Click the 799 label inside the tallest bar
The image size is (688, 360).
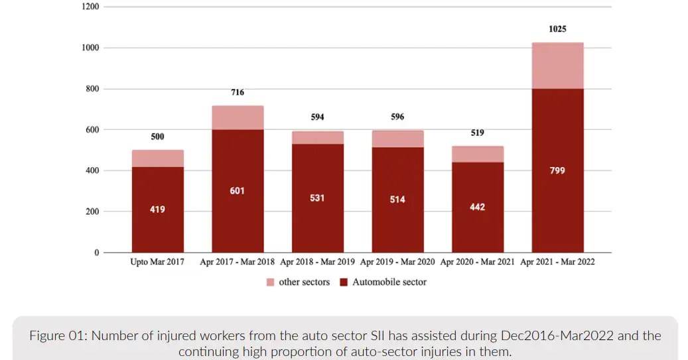click(557, 170)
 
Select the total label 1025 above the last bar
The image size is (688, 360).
click(557, 29)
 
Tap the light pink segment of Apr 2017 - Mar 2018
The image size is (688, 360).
click(238, 117)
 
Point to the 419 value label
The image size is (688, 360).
click(157, 210)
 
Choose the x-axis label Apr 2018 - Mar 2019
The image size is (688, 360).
click(317, 262)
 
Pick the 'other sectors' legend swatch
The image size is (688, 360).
click(270, 282)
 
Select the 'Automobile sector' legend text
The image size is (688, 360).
click(389, 282)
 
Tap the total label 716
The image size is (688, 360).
click(238, 92)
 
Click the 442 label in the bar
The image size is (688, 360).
click(477, 207)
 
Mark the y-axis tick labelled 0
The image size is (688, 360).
click(96, 253)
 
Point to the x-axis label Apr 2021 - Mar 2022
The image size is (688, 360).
click(557, 262)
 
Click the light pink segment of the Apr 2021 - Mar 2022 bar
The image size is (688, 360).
click(557, 66)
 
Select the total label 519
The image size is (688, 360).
click(477, 133)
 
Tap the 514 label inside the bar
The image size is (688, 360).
click(397, 200)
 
